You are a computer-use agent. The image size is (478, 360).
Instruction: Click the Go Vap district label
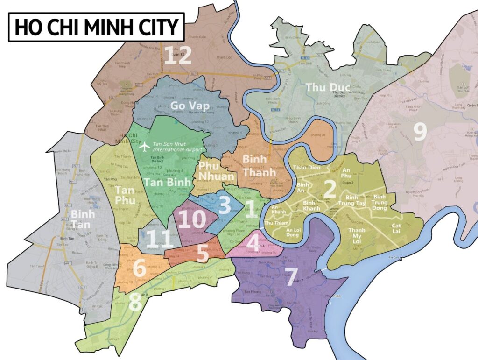190,106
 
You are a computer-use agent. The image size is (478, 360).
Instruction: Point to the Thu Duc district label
327,87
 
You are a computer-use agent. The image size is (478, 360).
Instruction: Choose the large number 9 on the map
420,132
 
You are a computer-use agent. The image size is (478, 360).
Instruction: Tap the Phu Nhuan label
217,170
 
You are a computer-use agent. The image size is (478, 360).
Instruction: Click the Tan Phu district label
124,195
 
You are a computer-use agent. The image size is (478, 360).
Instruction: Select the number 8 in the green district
135,302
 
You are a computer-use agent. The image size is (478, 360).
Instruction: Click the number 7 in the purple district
290,277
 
